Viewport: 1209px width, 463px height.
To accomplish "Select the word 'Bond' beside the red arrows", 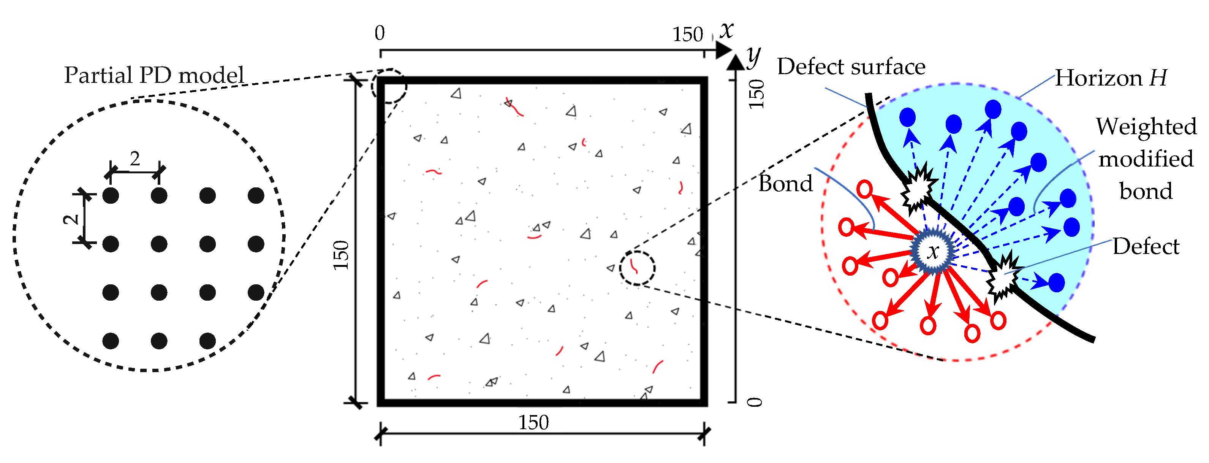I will pyautogui.click(x=786, y=184).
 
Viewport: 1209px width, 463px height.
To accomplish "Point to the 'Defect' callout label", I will pyautogui.click(x=1146, y=247).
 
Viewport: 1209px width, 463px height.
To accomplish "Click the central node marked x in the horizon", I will pyautogui.click(x=933, y=251).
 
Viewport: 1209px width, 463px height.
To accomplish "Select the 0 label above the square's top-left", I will pyautogui.click(x=380, y=33).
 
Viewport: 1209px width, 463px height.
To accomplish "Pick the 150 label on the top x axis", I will pyautogui.click(x=688, y=34).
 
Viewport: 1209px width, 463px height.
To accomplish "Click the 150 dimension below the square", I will pyautogui.click(x=533, y=423).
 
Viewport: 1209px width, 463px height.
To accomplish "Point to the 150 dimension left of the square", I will pyautogui.click(x=342, y=255).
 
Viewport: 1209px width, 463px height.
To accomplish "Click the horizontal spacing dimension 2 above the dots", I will pyautogui.click(x=135, y=159).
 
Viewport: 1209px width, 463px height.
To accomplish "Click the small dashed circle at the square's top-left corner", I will pyautogui.click(x=389, y=86).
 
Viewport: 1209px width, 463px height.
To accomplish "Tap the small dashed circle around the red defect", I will pyautogui.click(x=637, y=268).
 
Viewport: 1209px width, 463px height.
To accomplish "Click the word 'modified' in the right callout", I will pyautogui.click(x=1146, y=159).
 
